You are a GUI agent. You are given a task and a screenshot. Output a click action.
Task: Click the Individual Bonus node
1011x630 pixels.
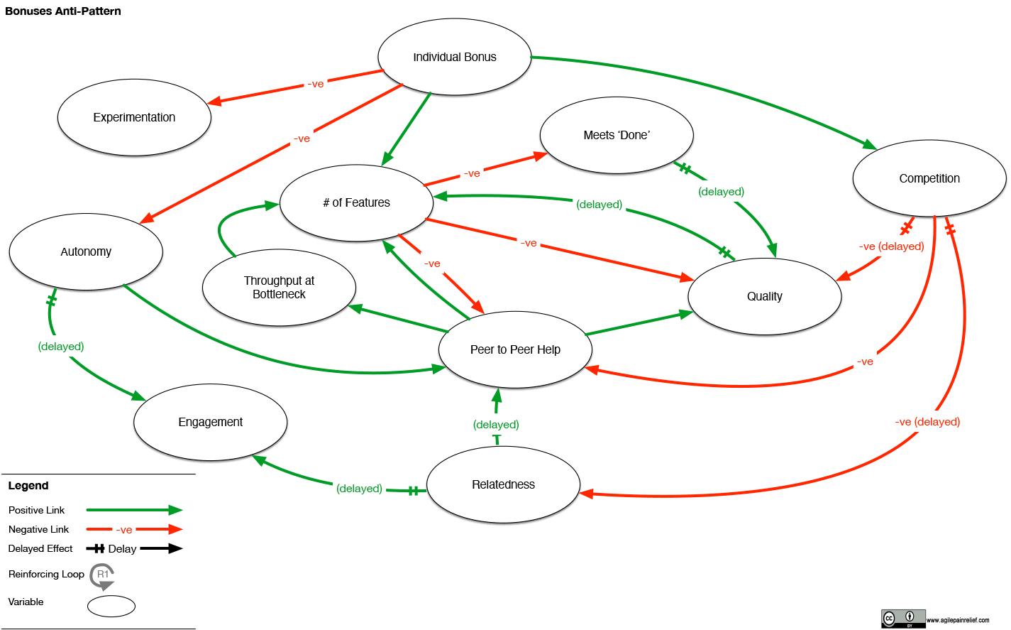[454, 57]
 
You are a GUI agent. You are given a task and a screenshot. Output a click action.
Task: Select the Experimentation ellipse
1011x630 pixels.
[134, 117]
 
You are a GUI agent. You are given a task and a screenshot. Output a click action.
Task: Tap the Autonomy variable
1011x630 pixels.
[86, 251]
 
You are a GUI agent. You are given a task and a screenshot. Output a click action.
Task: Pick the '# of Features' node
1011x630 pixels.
[356, 203]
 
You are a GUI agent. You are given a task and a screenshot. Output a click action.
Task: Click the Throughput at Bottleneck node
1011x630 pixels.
[279, 288]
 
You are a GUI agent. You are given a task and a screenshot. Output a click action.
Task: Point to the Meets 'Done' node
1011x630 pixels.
[616, 135]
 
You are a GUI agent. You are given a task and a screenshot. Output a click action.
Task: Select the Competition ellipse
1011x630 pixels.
[929, 178]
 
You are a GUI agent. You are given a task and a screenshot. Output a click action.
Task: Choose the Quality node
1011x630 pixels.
[764, 296]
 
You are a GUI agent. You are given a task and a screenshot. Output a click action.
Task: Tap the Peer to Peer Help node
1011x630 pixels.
[515, 349]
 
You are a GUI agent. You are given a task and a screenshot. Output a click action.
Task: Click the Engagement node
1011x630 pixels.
[210, 422]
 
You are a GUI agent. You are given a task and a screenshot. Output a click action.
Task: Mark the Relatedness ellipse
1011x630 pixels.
[503, 484]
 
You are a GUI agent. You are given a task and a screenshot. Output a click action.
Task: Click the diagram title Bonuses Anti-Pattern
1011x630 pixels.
[63, 11]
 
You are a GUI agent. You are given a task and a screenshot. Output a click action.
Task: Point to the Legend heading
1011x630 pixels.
[28, 486]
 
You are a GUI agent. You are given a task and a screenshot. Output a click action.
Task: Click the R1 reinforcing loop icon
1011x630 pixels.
[103, 576]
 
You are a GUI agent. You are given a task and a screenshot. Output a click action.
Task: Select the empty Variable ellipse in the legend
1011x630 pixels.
[111, 606]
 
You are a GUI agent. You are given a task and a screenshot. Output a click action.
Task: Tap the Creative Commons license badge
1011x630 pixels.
[902, 619]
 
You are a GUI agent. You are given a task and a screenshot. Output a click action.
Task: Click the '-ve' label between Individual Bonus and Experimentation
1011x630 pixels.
[316, 84]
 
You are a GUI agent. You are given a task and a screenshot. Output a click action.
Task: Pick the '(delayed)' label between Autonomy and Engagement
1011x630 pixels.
[61, 347]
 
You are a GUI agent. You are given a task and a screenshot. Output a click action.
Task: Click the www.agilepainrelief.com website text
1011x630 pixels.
[958, 620]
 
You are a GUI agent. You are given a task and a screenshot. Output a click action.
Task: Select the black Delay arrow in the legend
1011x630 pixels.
[161, 548]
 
